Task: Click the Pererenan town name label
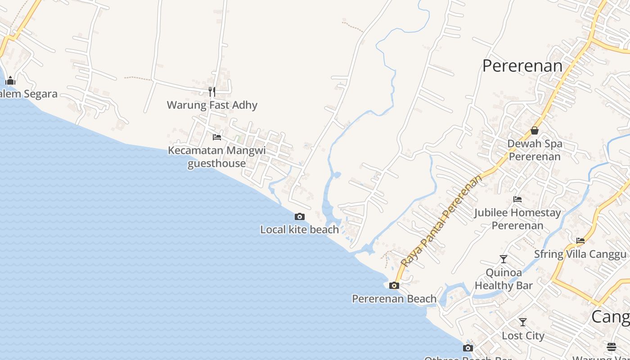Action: click(x=522, y=66)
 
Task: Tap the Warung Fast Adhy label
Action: click(x=212, y=105)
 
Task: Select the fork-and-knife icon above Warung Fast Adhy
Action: click(x=212, y=92)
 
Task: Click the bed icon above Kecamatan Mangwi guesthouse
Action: click(x=217, y=137)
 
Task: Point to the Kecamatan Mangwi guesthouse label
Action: click(x=217, y=157)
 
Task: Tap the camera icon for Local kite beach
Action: click(x=299, y=217)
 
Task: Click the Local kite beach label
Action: click(x=299, y=230)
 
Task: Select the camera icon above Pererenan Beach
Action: click(x=394, y=285)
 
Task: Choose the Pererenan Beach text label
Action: click(x=394, y=299)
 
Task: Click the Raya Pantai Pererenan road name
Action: click(x=441, y=221)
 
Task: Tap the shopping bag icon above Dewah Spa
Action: click(x=535, y=130)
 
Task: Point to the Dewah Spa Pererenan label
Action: click(x=535, y=150)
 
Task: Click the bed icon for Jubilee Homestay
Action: click(x=517, y=199)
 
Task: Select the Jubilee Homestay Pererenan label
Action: click(x=517, y=219)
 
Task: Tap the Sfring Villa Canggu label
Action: click(x=580, y=254)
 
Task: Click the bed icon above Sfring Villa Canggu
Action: click(x=580, y=241)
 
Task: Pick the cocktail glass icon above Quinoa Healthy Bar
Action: click(x=504, y=259)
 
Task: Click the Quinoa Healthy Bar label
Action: click(x=504, y=279)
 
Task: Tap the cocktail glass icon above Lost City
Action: click(x=522, y=322)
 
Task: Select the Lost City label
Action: click(x=523, y=336)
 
